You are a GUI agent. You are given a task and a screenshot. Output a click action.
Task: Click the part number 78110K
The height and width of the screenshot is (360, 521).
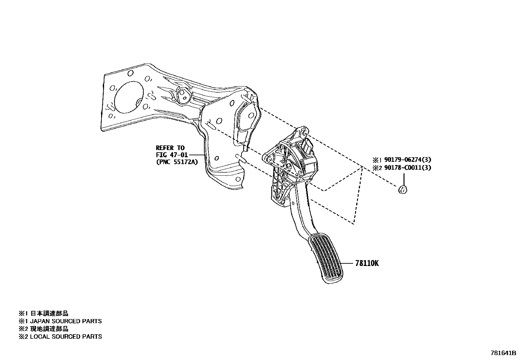(367, 263)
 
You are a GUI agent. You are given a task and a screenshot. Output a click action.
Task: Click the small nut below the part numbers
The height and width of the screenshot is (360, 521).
(403, 189)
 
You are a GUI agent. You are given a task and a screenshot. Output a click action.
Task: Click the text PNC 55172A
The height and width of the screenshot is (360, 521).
(177, 161)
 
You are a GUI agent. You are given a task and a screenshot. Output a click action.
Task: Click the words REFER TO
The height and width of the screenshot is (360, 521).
(170, 148)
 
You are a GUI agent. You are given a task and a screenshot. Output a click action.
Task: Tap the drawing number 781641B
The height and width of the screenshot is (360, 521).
(503, 353)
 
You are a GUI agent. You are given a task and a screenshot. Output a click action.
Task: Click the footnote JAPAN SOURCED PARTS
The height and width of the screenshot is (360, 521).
(66, 321)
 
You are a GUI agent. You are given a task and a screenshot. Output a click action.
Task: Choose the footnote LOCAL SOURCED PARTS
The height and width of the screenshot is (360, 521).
(66, 336)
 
